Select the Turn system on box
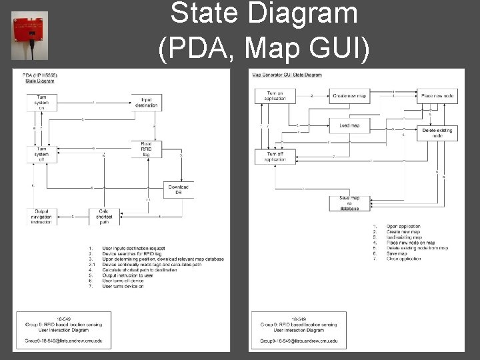click(42, 102)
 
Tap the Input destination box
click(145, 102)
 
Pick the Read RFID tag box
click(146, 148)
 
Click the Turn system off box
click(42, 155)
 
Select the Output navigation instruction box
click(42, 216)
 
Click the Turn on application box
click(275, 96)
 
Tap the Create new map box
click(349, 96)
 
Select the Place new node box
click(437, 96)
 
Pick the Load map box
click(349, 125)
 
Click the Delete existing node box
click(437, 133)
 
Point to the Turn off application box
click(275, 157)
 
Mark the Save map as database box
click(349, 203)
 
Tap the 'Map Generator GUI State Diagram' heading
click(287, 75)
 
